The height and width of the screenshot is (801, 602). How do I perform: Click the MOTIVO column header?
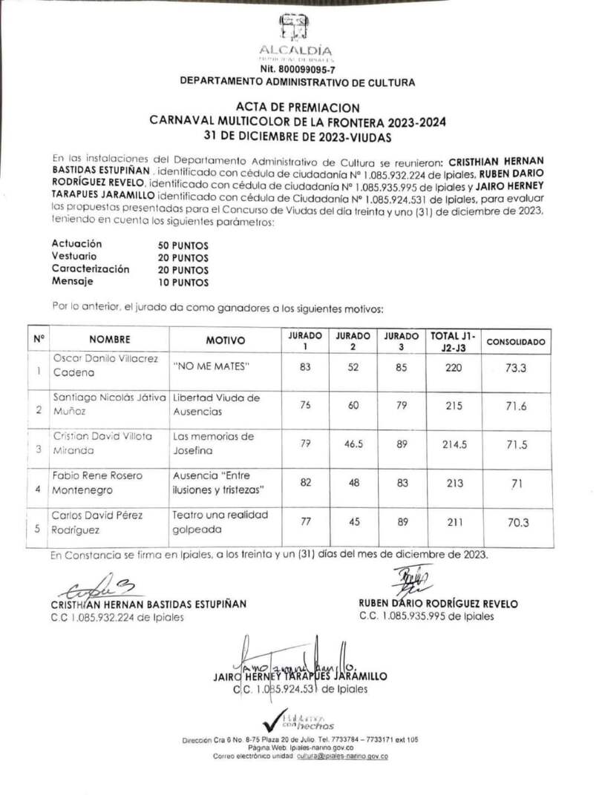pos(225,340)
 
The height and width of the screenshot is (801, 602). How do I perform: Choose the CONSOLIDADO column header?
pos(515,342)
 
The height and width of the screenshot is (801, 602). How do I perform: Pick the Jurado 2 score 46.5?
pos(353,444)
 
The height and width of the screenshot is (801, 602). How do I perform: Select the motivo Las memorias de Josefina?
pos(213,444)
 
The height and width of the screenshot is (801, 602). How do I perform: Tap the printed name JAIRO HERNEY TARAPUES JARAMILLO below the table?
pos(300,676)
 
